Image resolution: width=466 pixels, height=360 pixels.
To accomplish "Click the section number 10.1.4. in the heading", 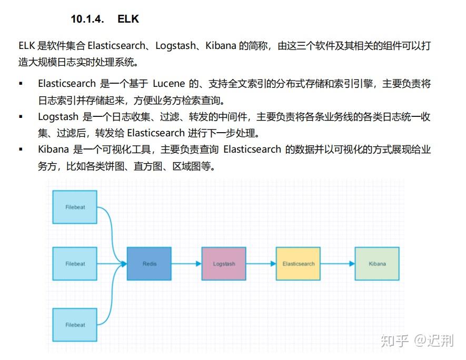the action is click(x=87, y=19).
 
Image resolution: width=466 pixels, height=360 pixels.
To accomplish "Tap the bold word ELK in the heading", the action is click(x=128, y=19).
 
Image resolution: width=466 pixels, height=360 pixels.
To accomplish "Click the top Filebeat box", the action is click(x=75, y=207).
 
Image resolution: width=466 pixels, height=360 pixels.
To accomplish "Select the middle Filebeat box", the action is click(x=75, y=264).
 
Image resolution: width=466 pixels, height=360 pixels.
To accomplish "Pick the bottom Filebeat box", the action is click(x=75, y=325).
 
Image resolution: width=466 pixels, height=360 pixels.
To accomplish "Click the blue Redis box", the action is click(x=149, y=264).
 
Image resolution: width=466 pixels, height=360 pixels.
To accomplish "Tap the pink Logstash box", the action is click(x=224, y=264).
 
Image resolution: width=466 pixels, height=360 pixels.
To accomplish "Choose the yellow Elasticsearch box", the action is click(x=298, y=264).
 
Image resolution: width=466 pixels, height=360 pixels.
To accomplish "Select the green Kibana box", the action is click(x=377, y=264).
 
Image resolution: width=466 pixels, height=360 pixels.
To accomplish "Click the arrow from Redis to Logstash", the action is click(x=186, y=264).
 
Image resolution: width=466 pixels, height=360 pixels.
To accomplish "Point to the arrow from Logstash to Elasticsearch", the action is click(x=261, y=264).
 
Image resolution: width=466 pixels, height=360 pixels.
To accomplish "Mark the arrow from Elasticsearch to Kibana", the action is click(x=338, y=264).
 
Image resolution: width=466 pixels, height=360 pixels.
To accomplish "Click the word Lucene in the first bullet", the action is click(x=169, y=84).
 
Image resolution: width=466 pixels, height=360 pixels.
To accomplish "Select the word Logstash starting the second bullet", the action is click(x=58, y=117).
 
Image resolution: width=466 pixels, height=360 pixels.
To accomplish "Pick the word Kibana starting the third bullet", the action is click(x=54, y=149).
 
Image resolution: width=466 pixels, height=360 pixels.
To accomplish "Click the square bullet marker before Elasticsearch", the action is click(x=21, y=84).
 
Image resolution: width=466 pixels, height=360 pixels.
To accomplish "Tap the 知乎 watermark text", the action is click(x=394, y=341).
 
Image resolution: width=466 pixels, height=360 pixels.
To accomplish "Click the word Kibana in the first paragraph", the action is click(x=221, y=46).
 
